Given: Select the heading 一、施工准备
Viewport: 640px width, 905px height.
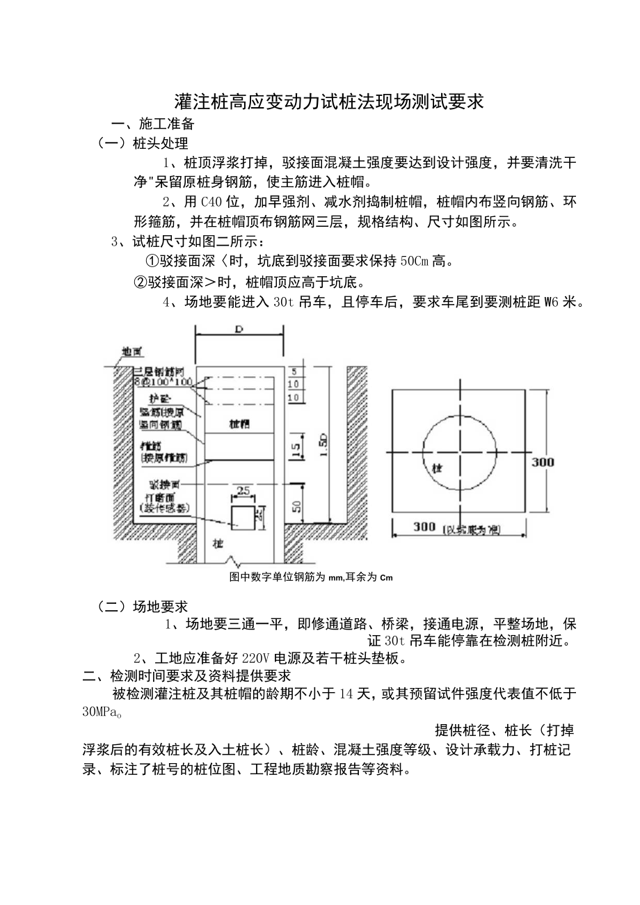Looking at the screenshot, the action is (x=152, y=125).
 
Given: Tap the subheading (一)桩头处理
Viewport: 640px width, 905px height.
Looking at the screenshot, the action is (x=143, y=144).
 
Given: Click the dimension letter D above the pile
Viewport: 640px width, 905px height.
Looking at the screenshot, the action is (x=238, y=330).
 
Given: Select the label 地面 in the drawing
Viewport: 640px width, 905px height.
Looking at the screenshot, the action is (x=131, y=352).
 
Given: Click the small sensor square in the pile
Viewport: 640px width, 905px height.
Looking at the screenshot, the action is (x=243, y=515).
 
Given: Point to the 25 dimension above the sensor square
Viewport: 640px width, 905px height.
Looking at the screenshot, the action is (x=243, y=491).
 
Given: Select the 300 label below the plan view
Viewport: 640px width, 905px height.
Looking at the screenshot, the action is (x=424, y=527).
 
